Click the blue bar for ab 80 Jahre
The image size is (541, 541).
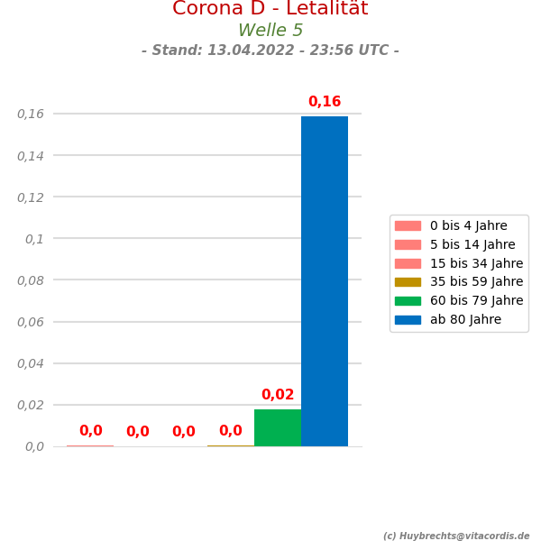[325, 280]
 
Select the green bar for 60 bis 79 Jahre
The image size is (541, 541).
[278, 427]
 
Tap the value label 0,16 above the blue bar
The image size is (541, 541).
[325, 102]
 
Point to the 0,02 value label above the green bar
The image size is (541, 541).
[278, 395]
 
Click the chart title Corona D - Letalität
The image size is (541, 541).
[270, 9]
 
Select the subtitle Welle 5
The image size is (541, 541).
[270, 31]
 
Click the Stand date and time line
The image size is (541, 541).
[270, 50]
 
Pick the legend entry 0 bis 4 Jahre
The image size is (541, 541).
[468, 226]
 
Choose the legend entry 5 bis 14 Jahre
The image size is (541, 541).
[472, 245]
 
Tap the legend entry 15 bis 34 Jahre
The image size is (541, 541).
[476, 263]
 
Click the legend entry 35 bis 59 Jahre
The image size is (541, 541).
[476, 282]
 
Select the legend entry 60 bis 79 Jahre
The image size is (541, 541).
[476, 301]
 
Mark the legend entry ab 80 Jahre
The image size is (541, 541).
[465, 320]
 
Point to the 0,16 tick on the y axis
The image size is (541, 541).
[31, 114]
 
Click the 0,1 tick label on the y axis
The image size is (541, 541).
[34, 239]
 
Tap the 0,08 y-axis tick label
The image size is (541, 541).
[31, 280]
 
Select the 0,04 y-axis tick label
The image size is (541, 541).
[31, 363]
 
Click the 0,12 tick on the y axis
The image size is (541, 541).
[31, 197]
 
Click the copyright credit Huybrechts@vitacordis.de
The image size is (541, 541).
[456, 536]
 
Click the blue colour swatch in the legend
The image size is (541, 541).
[408, 320]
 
